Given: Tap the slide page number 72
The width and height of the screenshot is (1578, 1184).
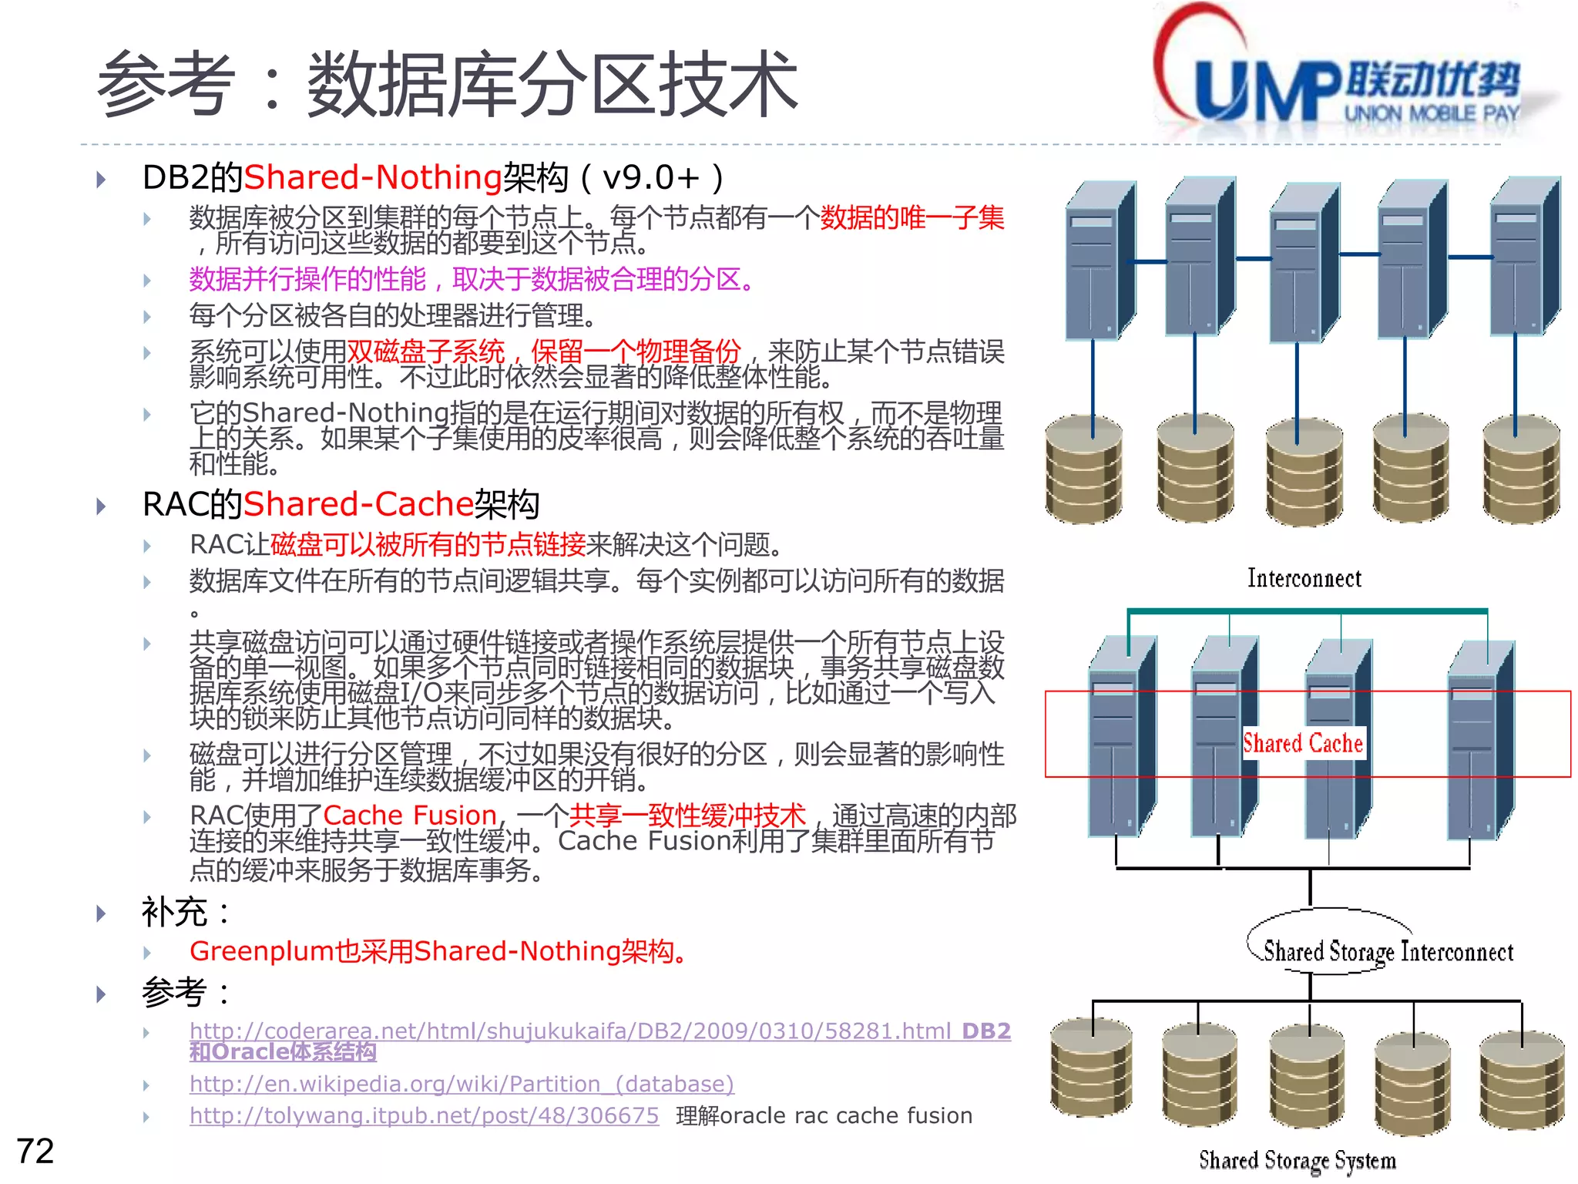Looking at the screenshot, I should point(35,1151).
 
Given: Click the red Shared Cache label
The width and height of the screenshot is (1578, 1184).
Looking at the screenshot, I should point(1303,743).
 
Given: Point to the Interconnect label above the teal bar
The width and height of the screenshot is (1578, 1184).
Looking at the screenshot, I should point(1304,578).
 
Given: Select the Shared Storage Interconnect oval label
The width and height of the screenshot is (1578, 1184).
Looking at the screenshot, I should point(1387,951).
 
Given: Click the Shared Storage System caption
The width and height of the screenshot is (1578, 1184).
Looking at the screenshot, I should point(1297,1159).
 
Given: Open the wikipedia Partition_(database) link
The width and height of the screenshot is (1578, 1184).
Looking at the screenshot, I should point(462,1084).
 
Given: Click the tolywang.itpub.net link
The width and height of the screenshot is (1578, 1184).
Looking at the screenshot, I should point(424,1115).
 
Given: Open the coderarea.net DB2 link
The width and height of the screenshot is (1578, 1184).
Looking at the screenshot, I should point(570,1031).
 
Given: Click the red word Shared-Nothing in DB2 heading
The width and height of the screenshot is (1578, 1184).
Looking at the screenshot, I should point(373,177).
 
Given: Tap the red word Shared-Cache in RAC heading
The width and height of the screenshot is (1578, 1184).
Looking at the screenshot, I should point(358,504).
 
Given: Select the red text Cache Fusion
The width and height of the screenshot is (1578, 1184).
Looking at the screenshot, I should point(410,815).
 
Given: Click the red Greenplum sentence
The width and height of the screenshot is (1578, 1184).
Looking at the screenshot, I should point(436,951).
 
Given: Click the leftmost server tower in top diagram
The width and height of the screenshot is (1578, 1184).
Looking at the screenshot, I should point(1098,262).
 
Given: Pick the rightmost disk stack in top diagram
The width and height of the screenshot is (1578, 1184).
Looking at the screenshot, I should point(1521,470).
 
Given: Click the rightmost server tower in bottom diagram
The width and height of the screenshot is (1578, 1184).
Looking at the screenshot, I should point(1479,740).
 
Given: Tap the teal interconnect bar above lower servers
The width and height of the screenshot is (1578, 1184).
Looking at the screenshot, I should point(1307,612).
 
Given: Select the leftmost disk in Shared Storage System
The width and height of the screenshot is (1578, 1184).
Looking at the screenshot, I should point(1091,1068).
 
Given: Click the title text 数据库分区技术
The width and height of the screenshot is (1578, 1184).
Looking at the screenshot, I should point(552,85).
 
